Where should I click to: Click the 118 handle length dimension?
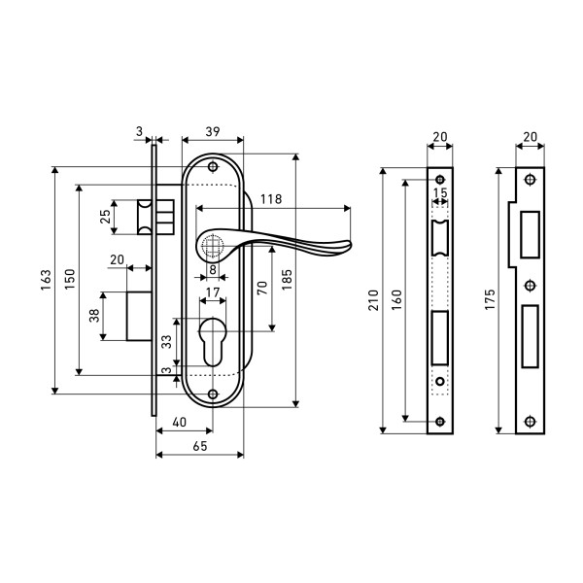pos(271,199)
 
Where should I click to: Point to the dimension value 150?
pos(70,280)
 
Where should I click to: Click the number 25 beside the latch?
pos(105,216)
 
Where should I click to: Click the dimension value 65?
pos(198,446)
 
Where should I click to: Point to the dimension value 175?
pos(490,302)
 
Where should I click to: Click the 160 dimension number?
pos(398,302)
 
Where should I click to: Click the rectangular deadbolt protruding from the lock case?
pos(139,317)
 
